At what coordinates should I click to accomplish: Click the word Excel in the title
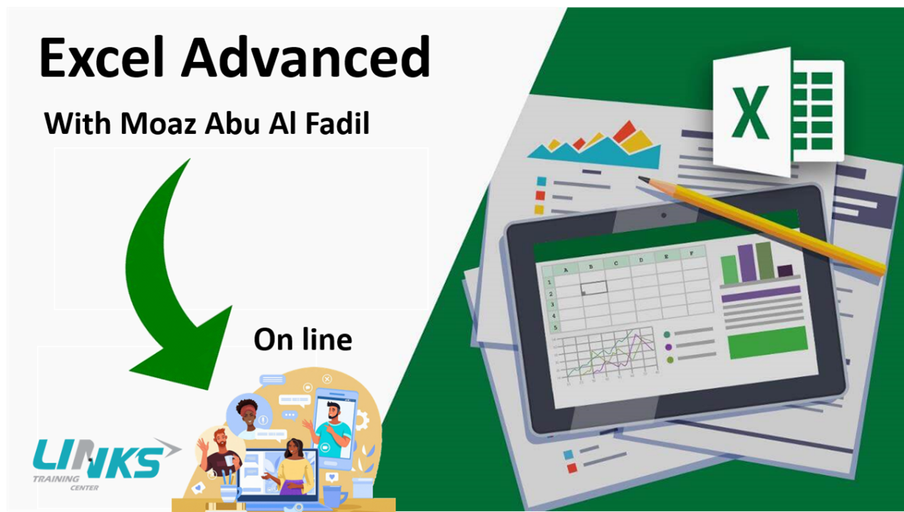[x=101, y=56]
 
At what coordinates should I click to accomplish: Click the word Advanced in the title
[x=306, y=56]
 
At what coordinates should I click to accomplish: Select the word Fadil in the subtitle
[x=338, y=123]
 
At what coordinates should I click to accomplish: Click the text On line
[x=303, y=340]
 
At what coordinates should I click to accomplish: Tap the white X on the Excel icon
[x=750, y=113]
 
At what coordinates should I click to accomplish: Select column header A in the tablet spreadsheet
[x=566, y=270]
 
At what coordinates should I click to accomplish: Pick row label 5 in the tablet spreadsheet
[x=556, y=328]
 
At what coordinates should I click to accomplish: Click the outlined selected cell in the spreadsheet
[x=593, y=288]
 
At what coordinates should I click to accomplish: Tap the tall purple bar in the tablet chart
[x=747, y=263]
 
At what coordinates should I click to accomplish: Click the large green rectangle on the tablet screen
[x=768, y=343]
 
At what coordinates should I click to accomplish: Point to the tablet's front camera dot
[x=664, y=216]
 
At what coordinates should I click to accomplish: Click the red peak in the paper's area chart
[x=624, y=131]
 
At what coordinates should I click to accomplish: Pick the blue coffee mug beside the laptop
[x=335, y=496]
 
